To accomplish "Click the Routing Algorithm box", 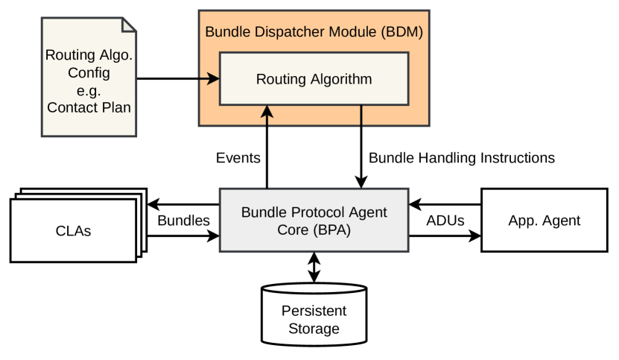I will point(314,78).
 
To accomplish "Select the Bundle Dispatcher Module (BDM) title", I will point(314,32).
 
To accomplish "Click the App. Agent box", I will point(543,221).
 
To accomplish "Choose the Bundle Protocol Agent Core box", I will point(314,221).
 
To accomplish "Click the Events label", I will point(238,158).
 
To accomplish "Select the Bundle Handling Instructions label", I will point(462,158).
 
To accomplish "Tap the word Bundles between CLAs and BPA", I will point(183,221).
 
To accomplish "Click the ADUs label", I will point(445,221).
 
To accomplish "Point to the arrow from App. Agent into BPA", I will point(445,203).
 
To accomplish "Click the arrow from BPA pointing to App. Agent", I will point(445,238).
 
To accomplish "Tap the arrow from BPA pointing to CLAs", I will point(183,203).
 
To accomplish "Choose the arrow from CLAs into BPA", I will point(183,238).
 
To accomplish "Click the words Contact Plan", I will point(89,107).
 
